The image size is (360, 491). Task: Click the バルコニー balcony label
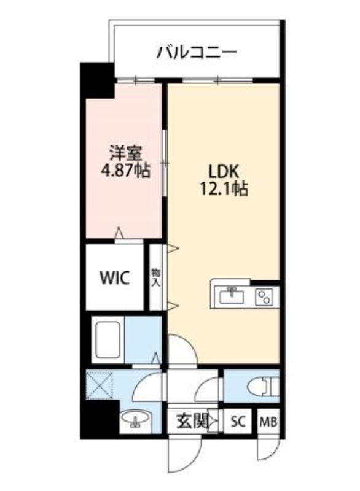[196, 52]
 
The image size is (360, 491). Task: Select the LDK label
[223, 170]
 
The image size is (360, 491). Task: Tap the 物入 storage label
[156, 277]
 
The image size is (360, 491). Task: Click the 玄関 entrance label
[191, 422]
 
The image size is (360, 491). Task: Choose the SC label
[238, 422]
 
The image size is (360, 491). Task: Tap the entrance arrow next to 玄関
[213, 422]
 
